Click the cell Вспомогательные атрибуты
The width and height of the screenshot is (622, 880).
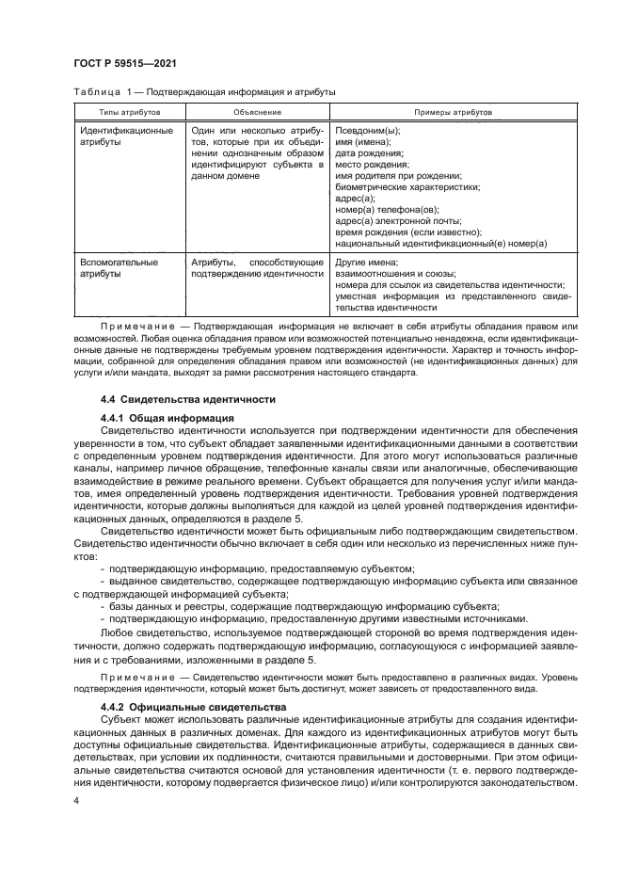coord(119,267)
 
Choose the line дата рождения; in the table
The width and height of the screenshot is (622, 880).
coord(369,152)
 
